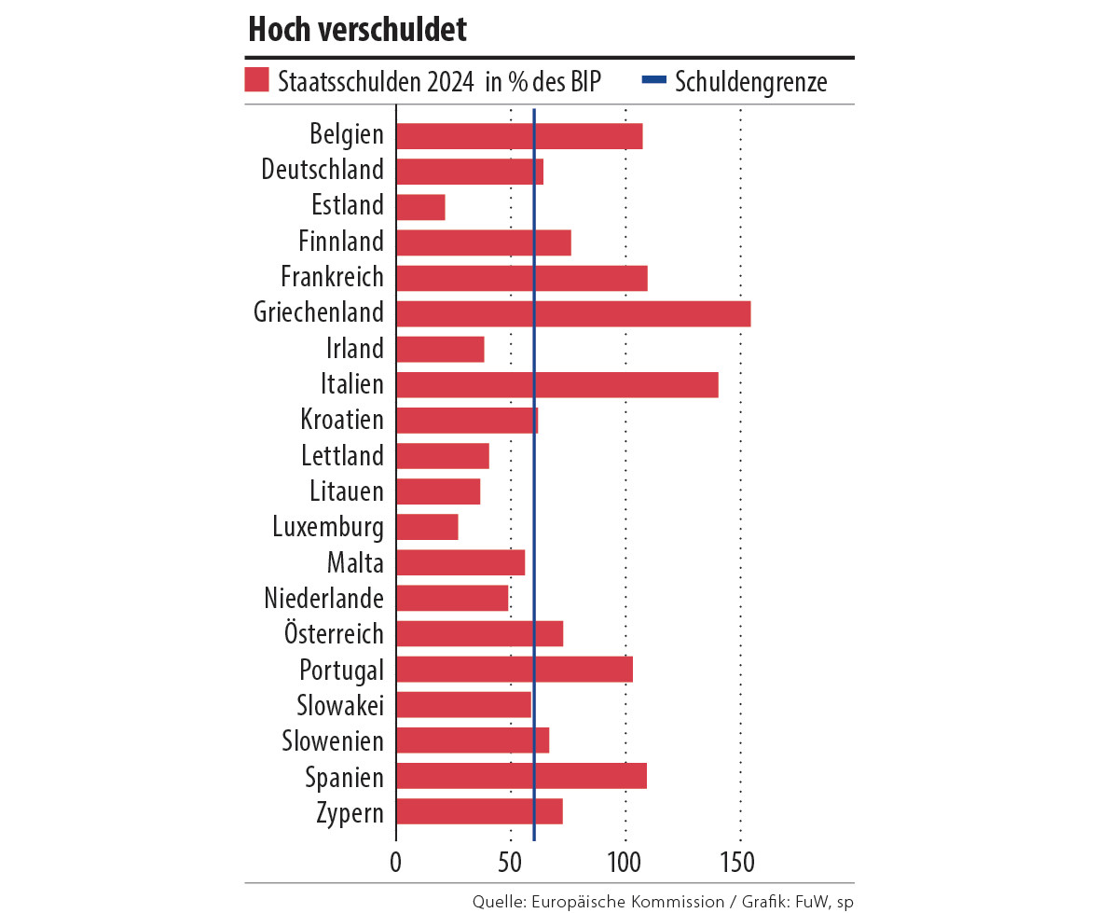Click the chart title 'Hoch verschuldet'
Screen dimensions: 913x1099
(357, 31)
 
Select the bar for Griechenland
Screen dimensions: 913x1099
(573, 313)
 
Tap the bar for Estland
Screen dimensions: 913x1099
(420, 206)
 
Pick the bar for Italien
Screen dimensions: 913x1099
(556, 384)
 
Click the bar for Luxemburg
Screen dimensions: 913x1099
(427, 527)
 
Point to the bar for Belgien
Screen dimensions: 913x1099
(519, 135)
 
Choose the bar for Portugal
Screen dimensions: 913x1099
(515, 670)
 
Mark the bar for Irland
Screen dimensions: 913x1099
(440, 349)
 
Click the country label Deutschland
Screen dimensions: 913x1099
(323, 171)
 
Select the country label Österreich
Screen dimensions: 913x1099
(334, 634)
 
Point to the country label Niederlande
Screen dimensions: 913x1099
(323, 598)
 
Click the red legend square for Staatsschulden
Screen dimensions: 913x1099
(256, 80)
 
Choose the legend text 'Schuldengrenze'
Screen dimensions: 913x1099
(750, 82)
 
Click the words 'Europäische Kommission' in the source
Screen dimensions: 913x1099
(626, 901)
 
